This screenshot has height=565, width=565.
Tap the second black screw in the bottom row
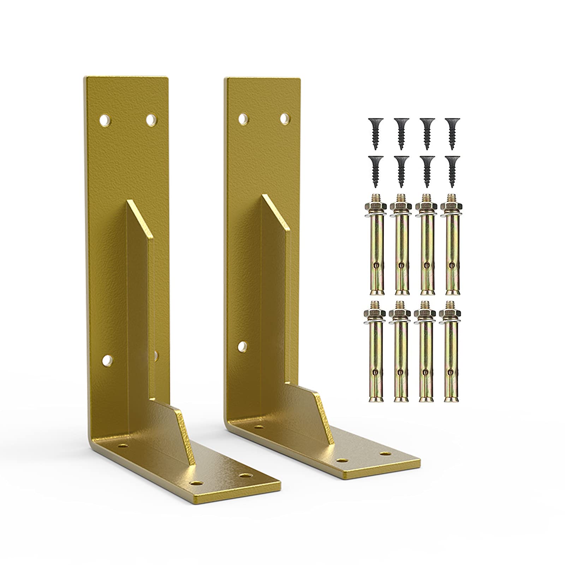click(x=400, y=170)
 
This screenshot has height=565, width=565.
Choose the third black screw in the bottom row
click(x=427, y=170)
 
